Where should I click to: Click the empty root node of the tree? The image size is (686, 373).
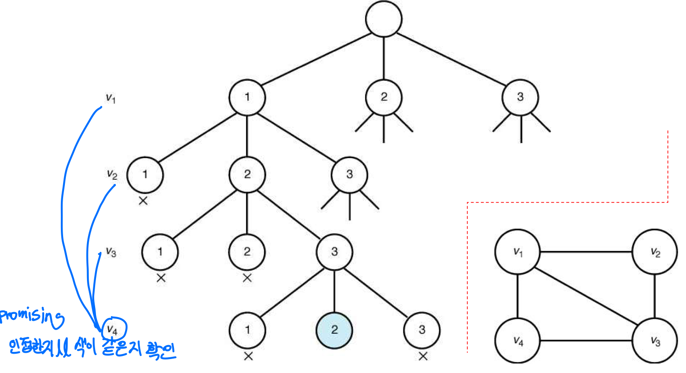384,19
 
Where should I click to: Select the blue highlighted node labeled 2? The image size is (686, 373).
334,330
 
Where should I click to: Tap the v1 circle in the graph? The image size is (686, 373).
517,252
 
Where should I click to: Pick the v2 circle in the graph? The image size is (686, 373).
654,252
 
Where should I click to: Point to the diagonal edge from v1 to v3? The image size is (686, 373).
586,296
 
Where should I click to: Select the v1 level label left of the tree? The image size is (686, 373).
110,98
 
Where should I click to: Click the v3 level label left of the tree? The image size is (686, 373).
111,251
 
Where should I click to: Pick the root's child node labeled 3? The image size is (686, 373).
520,97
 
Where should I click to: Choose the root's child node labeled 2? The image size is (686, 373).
384,97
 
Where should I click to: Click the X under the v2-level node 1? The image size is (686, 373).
143,201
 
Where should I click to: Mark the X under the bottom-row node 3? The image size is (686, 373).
423,356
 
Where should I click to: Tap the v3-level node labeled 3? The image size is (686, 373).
334,252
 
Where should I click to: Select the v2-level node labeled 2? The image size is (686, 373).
247,174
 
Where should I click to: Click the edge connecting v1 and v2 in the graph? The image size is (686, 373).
586,252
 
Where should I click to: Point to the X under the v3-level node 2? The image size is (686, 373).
247,278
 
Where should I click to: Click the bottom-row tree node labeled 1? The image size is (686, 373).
247,330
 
